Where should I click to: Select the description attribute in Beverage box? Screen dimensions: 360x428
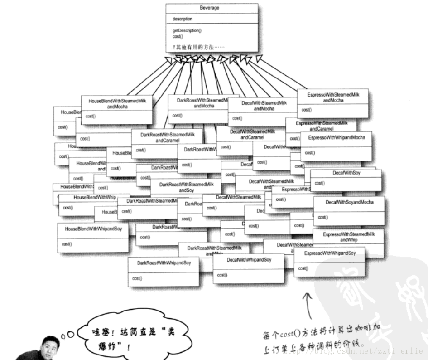[x=183, y=19]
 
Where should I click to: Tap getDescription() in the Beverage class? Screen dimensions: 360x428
[x=187, y=30]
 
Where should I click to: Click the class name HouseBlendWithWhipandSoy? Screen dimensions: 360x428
[x=93, y=229]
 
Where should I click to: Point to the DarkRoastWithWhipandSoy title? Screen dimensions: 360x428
[x=164, y=263]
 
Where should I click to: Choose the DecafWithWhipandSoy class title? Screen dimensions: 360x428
[x=249, y=260]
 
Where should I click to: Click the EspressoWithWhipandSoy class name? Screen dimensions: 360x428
[x=330, y=253]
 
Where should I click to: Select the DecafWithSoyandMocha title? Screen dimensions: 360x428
[x=350, y=202]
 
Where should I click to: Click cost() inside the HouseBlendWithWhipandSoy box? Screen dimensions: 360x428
[x=66, y=244]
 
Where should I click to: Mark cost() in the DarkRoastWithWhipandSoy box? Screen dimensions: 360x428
[x=137, y=278]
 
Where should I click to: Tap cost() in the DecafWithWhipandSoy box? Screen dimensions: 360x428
[x=221, y=275]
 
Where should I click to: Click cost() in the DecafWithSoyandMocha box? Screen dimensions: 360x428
[x=322, y=217]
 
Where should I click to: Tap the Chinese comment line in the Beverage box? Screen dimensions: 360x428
[x=198, y=47]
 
